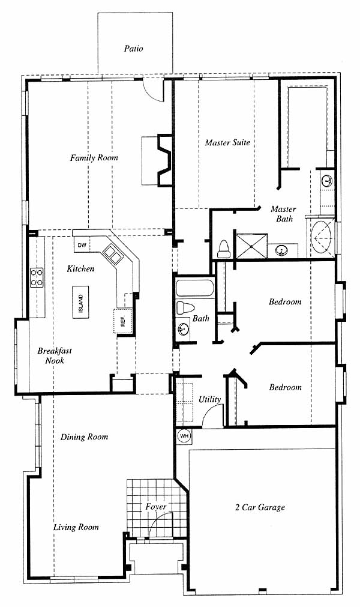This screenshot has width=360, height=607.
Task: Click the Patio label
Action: tap(133, 49)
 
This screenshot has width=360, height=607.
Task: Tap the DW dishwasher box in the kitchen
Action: tap(82, 245)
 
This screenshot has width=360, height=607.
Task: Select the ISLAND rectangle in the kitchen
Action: tap(80, 302)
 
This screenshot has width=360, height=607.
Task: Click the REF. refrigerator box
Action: tap(123, 321)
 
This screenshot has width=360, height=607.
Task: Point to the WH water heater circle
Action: tap(184, 436)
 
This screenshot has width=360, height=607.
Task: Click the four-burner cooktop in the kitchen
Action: tap(37, 277)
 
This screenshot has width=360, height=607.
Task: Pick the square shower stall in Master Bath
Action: tap(252, 246)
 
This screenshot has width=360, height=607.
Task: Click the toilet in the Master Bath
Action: tap(224, 250)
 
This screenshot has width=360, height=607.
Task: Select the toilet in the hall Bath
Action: tap(185, 308)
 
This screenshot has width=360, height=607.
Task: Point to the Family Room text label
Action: tap(94, 157)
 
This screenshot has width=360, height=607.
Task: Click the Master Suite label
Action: tap(227, 142)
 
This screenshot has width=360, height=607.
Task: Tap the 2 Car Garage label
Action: tap(260, 507)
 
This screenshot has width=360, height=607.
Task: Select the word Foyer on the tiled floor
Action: tap(156, 507)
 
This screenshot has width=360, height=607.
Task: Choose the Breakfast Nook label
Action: tap(55, 356)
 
